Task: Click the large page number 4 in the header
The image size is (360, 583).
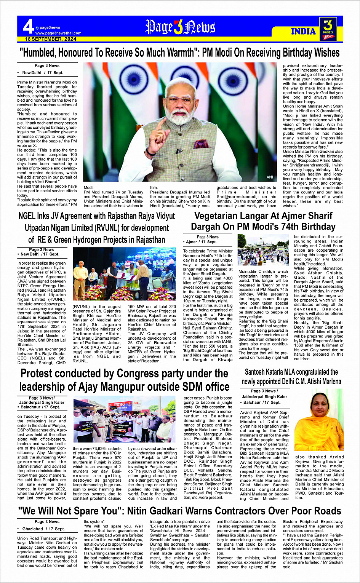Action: [28, 27]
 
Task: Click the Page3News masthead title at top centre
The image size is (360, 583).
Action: [180, 27]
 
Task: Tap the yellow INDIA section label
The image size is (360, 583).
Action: [303, 31]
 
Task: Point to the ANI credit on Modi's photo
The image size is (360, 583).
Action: [270, 177]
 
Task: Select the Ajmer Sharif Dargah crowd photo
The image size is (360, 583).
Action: [263, 250]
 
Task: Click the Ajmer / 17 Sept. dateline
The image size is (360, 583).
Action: [201, 242]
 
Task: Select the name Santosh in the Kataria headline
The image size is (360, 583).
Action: [258, 372]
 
